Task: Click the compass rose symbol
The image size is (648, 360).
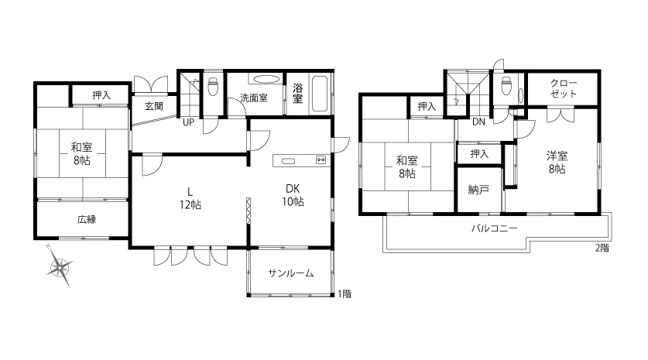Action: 60,266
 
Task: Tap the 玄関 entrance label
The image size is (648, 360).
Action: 154,106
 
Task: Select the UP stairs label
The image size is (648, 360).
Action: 188,122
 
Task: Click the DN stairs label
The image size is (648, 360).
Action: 478,122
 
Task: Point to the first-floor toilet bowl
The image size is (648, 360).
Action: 213,87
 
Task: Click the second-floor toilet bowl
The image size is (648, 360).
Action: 506,86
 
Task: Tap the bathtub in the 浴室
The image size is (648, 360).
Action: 320,94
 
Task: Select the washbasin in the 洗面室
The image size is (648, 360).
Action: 266,79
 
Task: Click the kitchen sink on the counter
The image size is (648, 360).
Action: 288,161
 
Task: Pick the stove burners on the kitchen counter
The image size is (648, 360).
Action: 321,160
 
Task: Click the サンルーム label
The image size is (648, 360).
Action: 291,273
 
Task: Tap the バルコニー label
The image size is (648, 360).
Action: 494,228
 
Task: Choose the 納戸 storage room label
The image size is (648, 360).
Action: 479,190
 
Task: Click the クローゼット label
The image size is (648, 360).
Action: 564,88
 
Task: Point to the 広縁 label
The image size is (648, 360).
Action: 87,219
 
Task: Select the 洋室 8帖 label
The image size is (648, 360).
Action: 557,163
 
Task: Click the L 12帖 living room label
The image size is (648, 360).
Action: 190,198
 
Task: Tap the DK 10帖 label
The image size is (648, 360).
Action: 293,195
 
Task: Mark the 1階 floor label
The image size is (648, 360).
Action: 345,294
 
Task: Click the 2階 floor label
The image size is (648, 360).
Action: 602,248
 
